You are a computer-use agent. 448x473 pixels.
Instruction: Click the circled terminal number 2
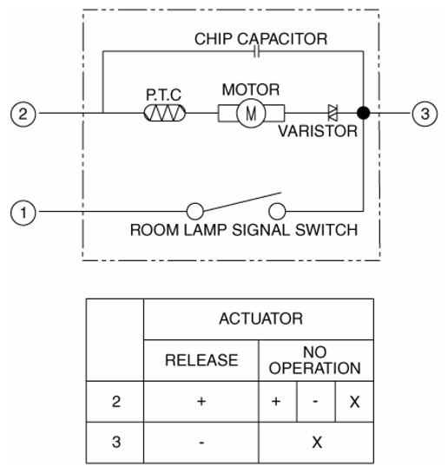click(x=23, y=114)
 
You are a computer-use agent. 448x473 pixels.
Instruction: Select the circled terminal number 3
click(x=425, y=114)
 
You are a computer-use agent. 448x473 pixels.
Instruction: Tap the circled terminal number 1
click(x=23, y=213)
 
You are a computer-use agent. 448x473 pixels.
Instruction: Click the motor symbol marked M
click(x=251, y=114)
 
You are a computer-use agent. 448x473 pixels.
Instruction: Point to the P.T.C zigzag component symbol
click(x=165, y=113)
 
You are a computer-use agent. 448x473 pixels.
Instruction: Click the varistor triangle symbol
click(x=333, y=113)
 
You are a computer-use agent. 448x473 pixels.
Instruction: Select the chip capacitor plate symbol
click(x=256, y=51)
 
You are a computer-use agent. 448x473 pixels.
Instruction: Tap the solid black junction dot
click(x=363, y=113)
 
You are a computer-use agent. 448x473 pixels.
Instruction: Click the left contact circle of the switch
click(x=194, y=211)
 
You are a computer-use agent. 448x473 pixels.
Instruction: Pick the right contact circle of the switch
click(x=277, y=211)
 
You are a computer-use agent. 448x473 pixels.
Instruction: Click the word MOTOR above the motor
click(x=251, y=89)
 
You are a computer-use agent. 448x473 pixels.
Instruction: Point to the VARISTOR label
click(x=318, y=131)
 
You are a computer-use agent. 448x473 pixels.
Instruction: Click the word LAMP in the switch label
click(x=205, y=230)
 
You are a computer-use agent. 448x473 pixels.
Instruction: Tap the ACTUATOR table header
click(x=260, y=319)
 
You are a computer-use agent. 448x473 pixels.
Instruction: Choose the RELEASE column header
click(x=201, y=360)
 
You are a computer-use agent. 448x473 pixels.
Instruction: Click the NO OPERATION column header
click(x=315, y=360)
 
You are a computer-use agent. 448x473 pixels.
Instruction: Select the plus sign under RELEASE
click(x=201, y=401)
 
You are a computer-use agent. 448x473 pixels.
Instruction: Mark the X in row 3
click(x=317, y=443)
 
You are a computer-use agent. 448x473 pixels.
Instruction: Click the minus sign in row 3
click(x=201, y=443)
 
